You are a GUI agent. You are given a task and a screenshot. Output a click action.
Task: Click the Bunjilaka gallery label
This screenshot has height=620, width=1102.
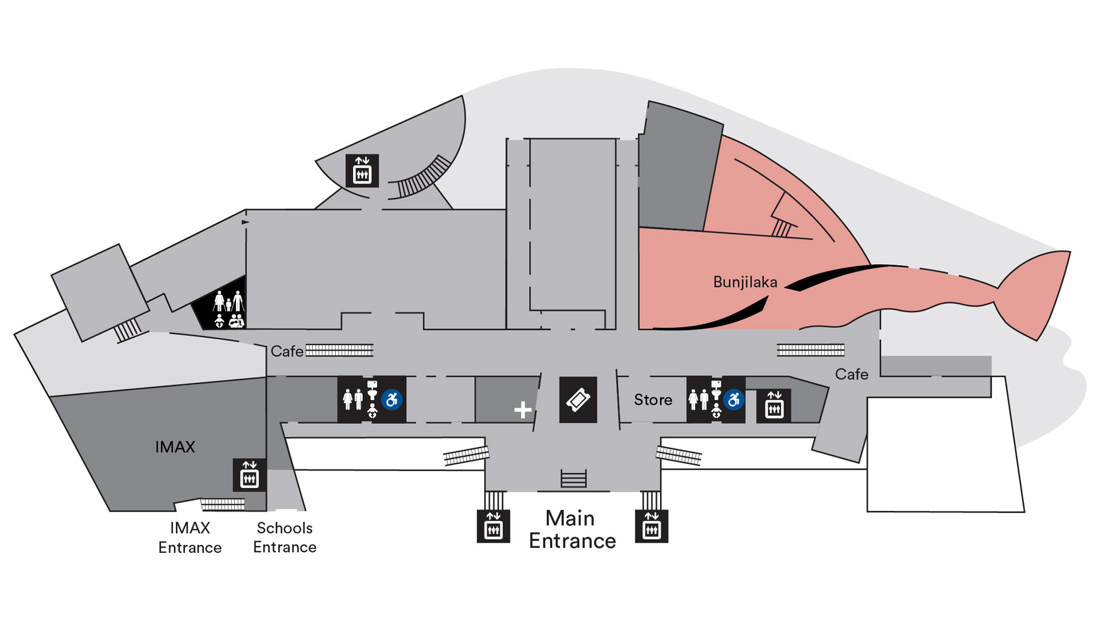[x=745, y=282]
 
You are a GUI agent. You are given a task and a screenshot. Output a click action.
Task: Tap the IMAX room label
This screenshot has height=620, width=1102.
[x=175, y=447]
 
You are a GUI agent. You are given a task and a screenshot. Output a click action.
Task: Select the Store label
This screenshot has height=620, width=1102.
[x=653, y=400]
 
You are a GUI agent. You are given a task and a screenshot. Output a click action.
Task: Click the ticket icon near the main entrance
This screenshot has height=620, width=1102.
[x=578, y=400]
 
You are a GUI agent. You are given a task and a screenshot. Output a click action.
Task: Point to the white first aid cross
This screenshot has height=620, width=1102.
[x=523, y=410]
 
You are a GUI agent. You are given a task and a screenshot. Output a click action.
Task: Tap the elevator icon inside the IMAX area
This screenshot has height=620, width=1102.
[x=250, y=475]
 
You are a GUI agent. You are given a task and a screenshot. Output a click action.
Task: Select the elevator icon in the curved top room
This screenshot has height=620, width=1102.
[x=362, y=170]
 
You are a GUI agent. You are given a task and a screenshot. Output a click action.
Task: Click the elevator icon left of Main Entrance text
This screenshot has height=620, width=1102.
[x=494, y=526]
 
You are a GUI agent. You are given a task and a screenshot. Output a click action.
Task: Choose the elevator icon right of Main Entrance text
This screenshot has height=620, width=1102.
[x=651, y=526]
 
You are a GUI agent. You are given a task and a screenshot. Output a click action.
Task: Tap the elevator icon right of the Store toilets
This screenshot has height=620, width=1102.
[x=774, y=406]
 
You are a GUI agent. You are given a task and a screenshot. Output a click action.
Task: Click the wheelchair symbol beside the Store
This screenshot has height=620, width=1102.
[x=734, y=400]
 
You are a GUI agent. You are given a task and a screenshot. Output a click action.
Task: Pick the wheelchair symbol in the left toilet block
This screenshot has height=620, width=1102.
[x=392, y=399]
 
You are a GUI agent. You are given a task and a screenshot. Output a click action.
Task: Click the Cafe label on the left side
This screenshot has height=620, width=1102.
[x=287, y=351]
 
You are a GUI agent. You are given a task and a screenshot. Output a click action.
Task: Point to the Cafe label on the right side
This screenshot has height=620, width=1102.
[x=852, y=374]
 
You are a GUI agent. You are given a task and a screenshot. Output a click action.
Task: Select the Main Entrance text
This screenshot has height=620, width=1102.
[x=572, y=529]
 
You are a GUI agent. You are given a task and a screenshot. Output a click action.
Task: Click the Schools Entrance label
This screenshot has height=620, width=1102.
[x=285, y=537]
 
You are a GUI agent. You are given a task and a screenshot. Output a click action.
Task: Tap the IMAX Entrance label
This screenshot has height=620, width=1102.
[x=190, y=537]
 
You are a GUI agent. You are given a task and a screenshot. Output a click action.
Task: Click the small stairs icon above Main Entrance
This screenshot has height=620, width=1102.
[x=573, y=478]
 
